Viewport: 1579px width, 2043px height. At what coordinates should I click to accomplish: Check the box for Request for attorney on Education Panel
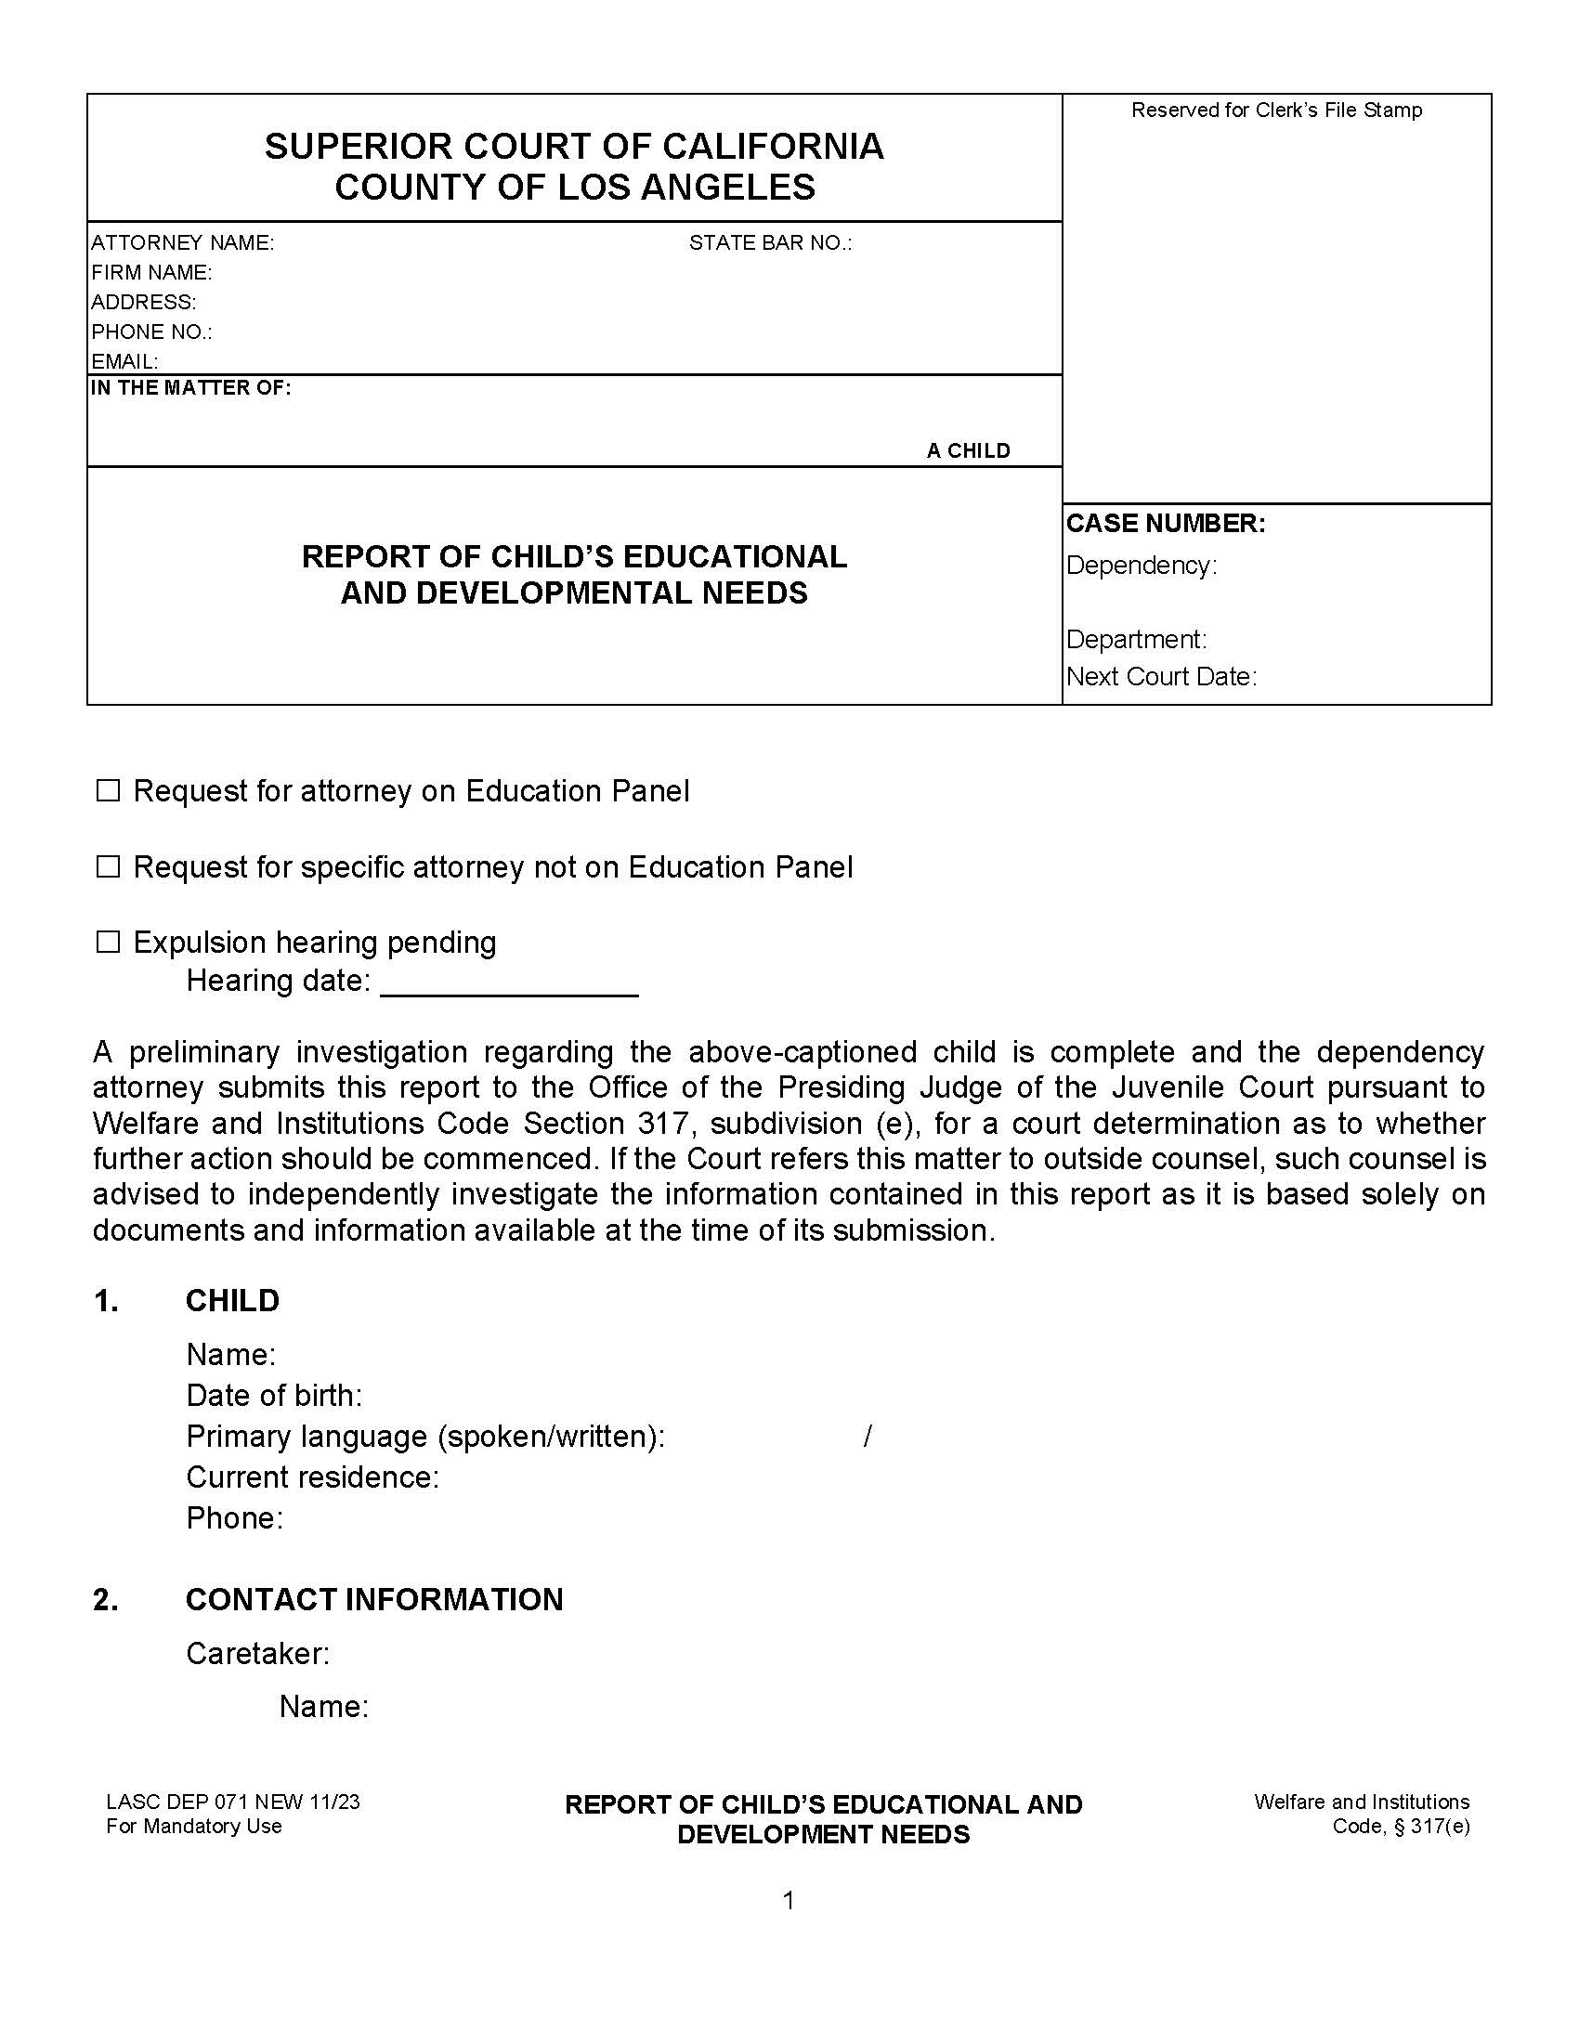[109, 791]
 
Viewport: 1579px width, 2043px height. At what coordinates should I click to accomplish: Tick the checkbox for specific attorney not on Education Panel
[109, 867]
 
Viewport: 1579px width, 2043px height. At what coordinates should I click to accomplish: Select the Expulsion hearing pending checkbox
[109, 942]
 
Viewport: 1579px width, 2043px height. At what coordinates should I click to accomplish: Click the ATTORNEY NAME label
[182, 243]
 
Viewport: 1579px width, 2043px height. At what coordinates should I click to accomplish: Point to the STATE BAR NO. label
[770, 243]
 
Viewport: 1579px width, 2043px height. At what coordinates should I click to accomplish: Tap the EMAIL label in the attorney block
[124, 361]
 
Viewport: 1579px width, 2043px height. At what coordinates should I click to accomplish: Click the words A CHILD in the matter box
[968, 451]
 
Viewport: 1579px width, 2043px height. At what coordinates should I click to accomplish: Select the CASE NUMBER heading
[1166, 524]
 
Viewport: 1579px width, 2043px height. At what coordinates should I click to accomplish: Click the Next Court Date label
[1161, 676]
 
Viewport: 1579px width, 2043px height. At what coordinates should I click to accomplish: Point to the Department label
[1137, 640]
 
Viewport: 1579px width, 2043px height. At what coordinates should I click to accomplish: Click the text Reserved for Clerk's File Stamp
[1276, 111]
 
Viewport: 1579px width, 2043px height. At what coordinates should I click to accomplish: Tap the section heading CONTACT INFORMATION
[374, 1600]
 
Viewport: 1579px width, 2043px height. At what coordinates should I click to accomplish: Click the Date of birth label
[274, 1396]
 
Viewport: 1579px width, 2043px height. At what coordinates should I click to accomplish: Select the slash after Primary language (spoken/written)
[868, 1436]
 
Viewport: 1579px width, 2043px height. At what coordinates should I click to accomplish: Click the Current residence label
[312, 1477]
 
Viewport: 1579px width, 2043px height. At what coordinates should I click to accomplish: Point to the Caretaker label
[258, 1654]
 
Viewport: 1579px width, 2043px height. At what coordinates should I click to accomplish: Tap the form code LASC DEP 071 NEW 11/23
[233, 1802]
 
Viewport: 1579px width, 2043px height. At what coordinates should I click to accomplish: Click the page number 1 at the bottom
[789, 1901]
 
